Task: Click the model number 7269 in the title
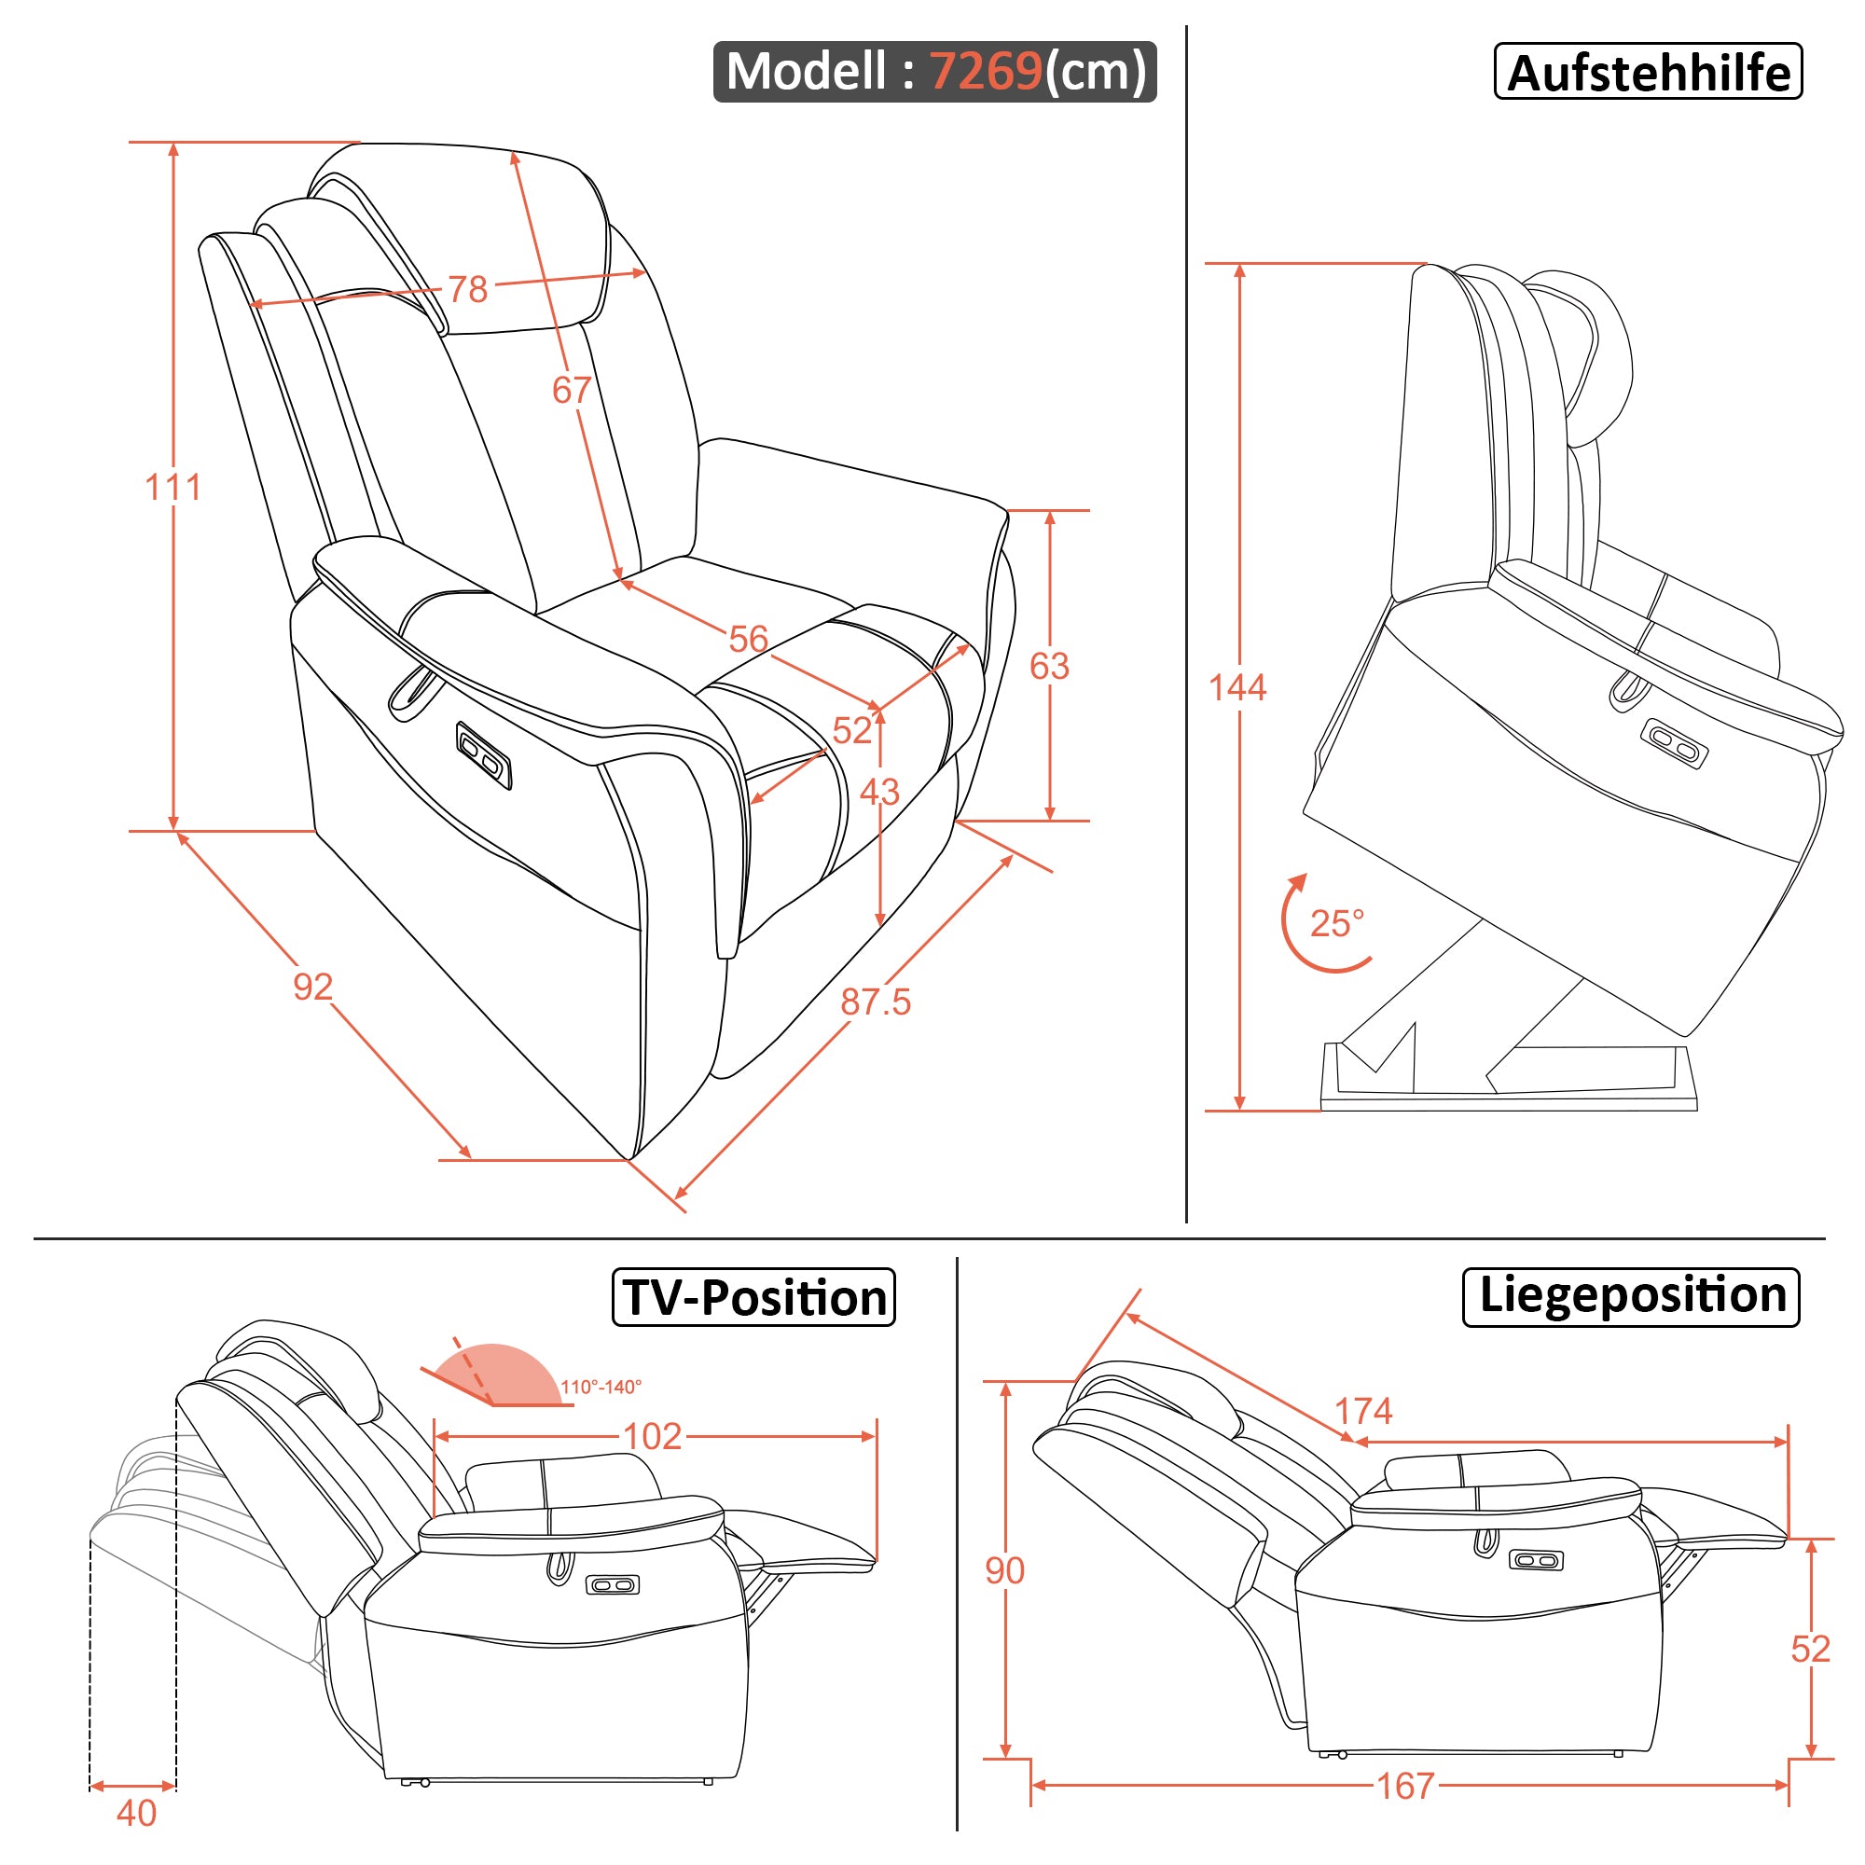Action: [985, 72]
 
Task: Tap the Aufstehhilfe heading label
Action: [1648, 73]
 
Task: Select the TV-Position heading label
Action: [753, 1297]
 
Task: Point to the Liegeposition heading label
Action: [1631, 1295]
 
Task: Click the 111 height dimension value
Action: [173, 488]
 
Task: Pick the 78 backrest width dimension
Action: [468, 290]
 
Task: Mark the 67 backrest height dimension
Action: [571, 390]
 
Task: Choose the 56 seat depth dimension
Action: [748, 639]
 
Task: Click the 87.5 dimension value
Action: [875, 1002]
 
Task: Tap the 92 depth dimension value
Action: [312, 987]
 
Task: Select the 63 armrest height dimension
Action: [1049, 666]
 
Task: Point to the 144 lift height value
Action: [1237, 687]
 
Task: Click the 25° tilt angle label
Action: [1337, 924]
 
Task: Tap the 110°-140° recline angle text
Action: [601, 1388]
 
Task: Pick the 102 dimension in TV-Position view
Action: [653, 1436]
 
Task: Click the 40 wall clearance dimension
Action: [136, 1813]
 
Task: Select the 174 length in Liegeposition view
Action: [1363, 1411]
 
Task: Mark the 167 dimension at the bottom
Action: [1405, 1786]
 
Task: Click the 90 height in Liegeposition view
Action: [1005, 1570]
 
